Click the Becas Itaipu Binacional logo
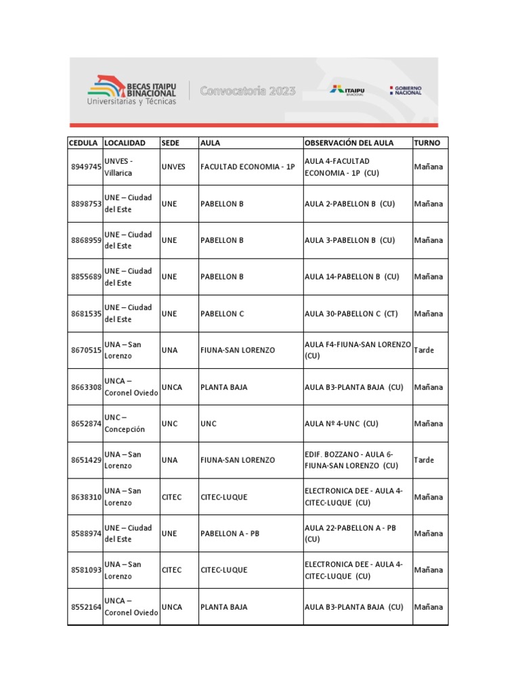[131, 91]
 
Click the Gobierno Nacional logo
[406, 91]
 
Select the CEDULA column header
[84, 143]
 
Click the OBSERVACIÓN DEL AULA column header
[349, 143]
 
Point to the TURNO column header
[427, 143]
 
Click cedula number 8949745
[86, 167]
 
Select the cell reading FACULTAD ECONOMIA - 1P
[248, 167]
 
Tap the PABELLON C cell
[222, 314]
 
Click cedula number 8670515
[86, 351]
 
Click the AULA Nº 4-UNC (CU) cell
[341, 424]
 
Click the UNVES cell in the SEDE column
[173, 167]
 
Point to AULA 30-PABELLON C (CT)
[351, 314]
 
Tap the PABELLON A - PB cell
[230, 534]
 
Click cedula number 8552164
[86, 607]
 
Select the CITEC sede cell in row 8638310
[172, 497]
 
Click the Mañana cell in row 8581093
[429, 571]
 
